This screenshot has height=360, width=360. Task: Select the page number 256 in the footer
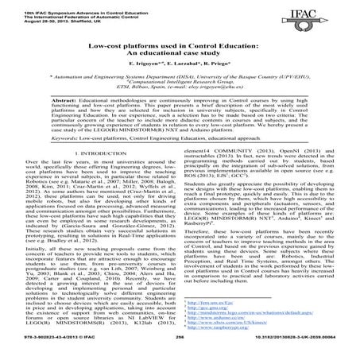tap(180, 349)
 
